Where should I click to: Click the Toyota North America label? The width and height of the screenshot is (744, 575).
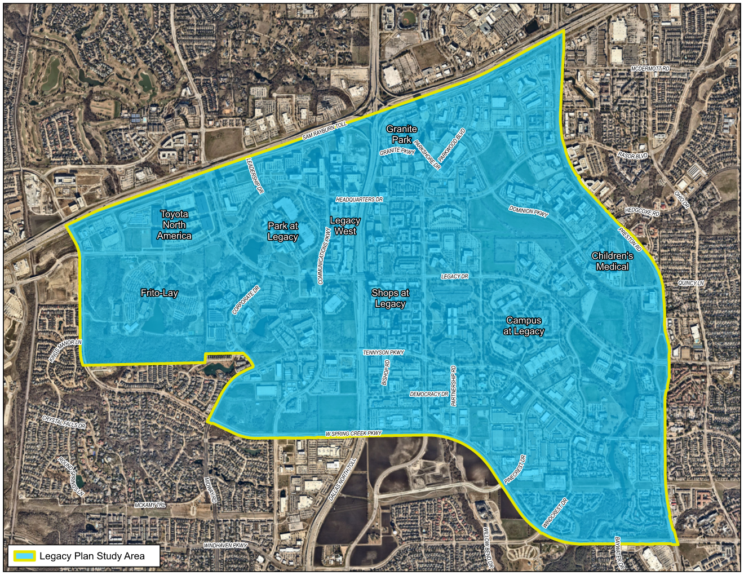coord(174,225)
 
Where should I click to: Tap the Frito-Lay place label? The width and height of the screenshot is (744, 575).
coord(159,293)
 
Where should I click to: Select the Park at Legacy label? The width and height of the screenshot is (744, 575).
coord(282,231)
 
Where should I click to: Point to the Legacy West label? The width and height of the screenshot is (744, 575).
coord(345,226)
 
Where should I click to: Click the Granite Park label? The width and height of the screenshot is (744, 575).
coord(401,134)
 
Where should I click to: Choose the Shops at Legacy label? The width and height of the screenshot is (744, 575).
coord(390,298)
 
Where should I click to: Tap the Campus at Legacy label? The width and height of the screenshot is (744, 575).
coord(524,326)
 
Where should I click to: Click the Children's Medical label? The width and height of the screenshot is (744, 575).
coord(612,261)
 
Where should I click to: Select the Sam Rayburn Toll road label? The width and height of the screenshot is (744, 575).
coord(325,131)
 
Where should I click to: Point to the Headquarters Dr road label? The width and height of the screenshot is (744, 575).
coord(359,200)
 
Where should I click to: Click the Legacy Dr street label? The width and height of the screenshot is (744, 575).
coord(454,277)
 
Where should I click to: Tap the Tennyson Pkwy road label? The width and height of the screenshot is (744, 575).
coord(383,353)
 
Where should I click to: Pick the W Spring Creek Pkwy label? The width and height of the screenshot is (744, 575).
coord(353,434)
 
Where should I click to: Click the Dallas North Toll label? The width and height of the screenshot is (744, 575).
coord(343,480)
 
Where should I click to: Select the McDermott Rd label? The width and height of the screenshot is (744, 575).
coord(650,69)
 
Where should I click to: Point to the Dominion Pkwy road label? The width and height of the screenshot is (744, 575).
coord(529,211)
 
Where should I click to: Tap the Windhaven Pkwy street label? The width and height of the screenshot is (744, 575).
coord(225,546)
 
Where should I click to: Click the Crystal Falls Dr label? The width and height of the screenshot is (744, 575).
coord(64,422)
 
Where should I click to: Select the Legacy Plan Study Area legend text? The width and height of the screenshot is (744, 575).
coord(92,556)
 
